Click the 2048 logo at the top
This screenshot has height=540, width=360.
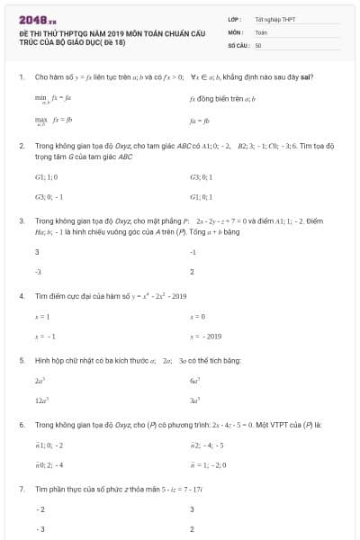pyautogui.click(x=35, y=17)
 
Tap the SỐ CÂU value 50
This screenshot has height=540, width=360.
pyautogui.click(x=258, y=44)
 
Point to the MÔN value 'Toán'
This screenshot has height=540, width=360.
pyautogui.click(x=261, y=31)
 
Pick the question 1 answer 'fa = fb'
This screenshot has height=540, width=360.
pyautogui.click(x=199, y=119)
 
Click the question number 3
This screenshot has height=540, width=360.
pyautogui.click(x=21, y=220)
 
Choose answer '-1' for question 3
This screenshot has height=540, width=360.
pyautogui.click(x=193, y=252)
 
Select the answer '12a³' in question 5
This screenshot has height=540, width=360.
pyautogui.click(x=41, y=400)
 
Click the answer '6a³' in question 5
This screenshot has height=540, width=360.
pyautogui.click(x=194, y=381)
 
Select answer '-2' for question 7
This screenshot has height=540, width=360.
pyautogui.click(x=40, y=509)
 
